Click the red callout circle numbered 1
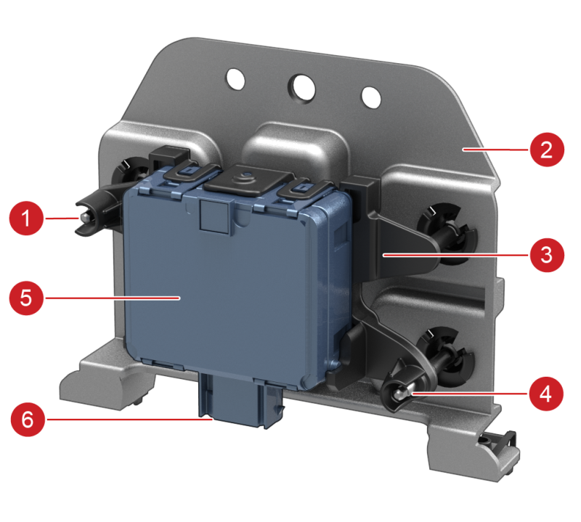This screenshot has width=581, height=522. (x=26, y=219)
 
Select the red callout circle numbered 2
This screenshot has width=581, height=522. (x=547, y=150)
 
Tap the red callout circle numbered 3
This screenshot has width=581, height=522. (x=547, y=256)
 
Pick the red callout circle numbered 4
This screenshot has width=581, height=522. (x=546, y=393)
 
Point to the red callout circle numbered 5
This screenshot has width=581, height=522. (x=26, y=298)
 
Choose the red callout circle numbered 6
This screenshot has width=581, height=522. (x=28, y=420)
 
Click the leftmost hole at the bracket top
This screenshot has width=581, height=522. (x=235, y=78)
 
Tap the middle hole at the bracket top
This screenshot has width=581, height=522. (x=301, y=89)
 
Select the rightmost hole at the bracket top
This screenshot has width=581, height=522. (x=371, y=97)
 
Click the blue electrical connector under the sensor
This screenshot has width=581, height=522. (x=239, y=402)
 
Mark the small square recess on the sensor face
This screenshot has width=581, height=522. (x=214, y=217)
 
